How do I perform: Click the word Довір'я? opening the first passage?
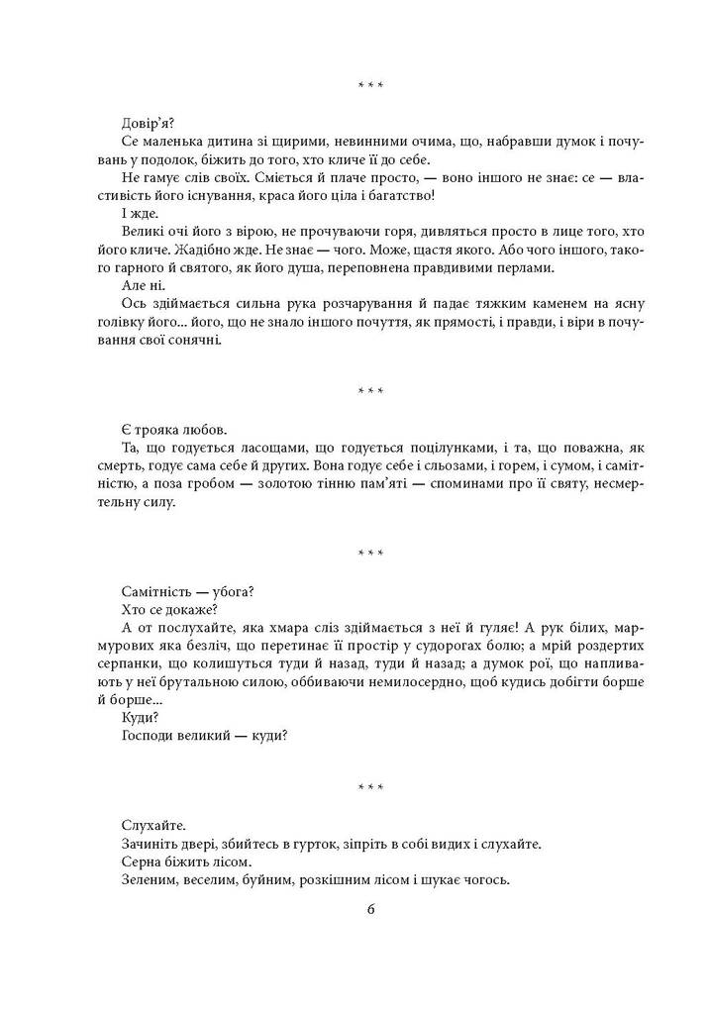tap(147, 124)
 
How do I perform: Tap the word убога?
tap(234, 591)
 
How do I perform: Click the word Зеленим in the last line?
tap(150, 878)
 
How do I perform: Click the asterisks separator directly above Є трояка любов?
tap(370, 393)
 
